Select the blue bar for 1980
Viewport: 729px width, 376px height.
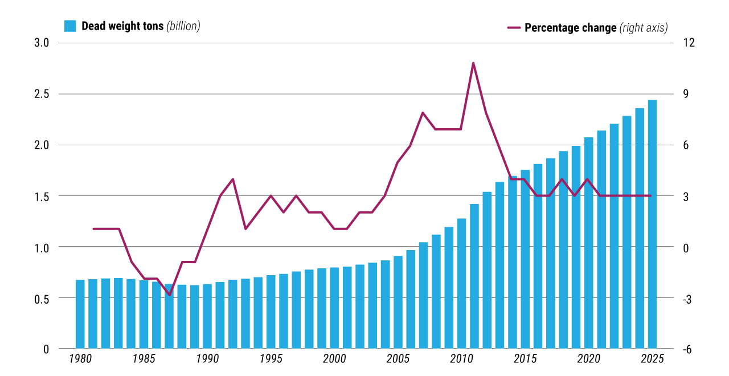[x=80, y=314]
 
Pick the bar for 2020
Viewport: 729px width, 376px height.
[x=588, y=243]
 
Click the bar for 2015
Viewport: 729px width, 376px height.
[x=525, y=259]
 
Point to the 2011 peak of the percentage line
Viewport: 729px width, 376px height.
[x=473, y=63]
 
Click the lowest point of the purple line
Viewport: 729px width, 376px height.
[x=169, y=295]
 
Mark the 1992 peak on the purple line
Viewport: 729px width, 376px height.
[x=233, y=179]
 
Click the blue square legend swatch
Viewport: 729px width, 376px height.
[x=70, y=26]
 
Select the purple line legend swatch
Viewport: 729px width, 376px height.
[x=513, y=27]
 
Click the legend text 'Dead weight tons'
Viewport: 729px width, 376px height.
[x=122, y=26]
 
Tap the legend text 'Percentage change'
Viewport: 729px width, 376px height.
[x=570, y=27]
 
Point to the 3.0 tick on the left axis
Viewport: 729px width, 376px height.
[x=42, y=43]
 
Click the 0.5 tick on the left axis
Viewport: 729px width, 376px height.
[x=42, y=298]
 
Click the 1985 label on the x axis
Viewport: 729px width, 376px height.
[x=144, y=359]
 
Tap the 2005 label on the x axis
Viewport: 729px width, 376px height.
[x=398, y=359]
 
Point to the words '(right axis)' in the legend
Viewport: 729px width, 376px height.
[x=644, y=27]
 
